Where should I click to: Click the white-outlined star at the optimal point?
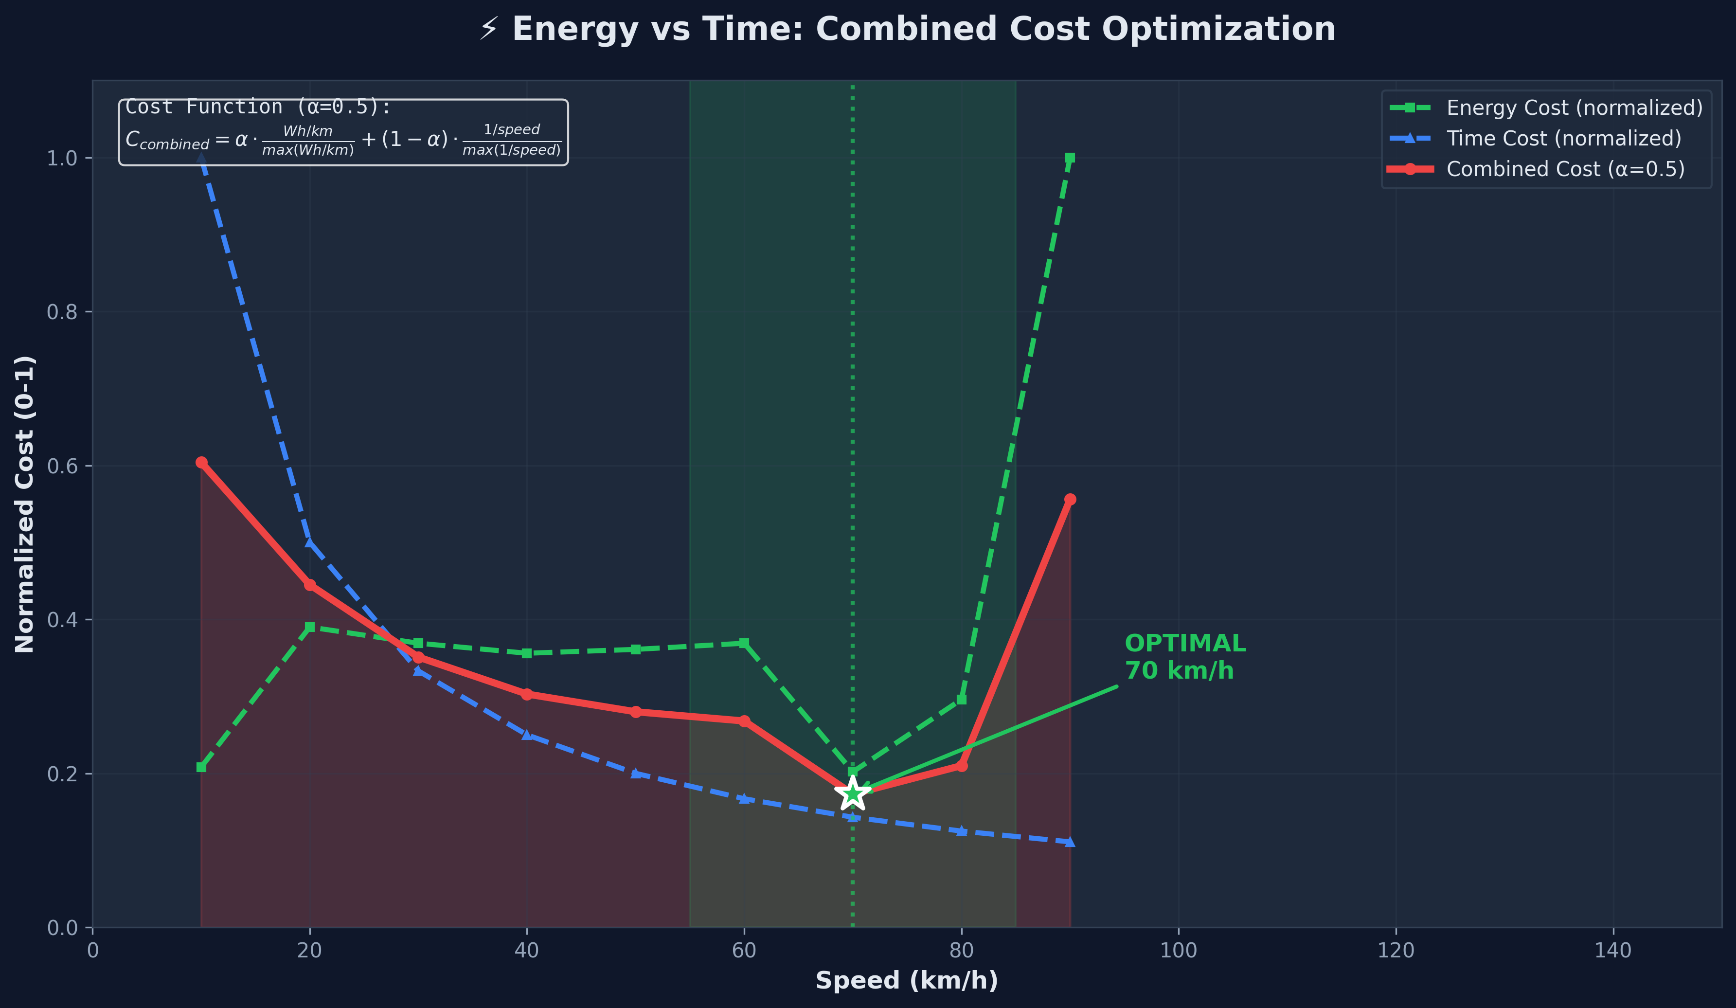[852, 794]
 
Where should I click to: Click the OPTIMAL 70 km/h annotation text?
[1184, 657]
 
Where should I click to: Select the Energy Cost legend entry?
[1574, 108]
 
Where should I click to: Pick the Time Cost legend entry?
[1563, 139]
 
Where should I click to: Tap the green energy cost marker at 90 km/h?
[1070, 158]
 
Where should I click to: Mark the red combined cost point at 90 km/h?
[1070, 500]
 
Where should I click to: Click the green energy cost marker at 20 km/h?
[310, 627]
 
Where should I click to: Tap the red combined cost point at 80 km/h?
[962, 765]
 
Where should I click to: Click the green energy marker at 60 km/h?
[744, 643]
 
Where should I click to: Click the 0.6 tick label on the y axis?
[61, 466]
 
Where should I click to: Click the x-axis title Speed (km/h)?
[907, 980]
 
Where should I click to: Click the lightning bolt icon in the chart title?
[488, 30]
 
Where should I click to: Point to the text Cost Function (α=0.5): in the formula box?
[258, 108]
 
